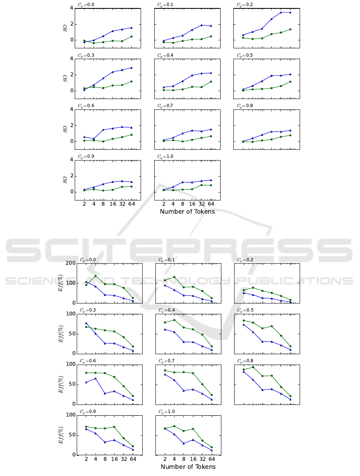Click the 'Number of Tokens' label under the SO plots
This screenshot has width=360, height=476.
(x=187, y=212)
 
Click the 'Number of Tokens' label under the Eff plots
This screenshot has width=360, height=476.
(x=188, y=467)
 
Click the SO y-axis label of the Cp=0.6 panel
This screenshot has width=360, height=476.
(x=65, y=129)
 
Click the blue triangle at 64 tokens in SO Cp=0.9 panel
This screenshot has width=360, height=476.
(x=131, y=182)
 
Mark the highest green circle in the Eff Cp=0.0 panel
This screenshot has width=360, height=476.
(x=95, y=276)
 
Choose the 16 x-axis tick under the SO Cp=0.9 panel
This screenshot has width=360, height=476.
(x=113, y=204)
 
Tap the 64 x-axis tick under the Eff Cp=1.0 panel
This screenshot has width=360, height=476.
(x=211, y=459)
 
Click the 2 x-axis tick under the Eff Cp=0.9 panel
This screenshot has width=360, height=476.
(x=86, y=459)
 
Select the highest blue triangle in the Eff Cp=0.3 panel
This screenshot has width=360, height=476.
(x=86, y=323)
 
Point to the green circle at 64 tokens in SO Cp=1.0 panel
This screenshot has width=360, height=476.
(x=211, y=185)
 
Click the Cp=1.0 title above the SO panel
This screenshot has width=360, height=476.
(x=165, y=157)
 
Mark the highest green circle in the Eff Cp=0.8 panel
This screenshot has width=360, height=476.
(x=253, y=367)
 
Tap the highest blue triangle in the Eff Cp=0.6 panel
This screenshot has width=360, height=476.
(x=95, y=378)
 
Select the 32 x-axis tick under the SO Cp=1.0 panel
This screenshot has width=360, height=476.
(x=202, y=204)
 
